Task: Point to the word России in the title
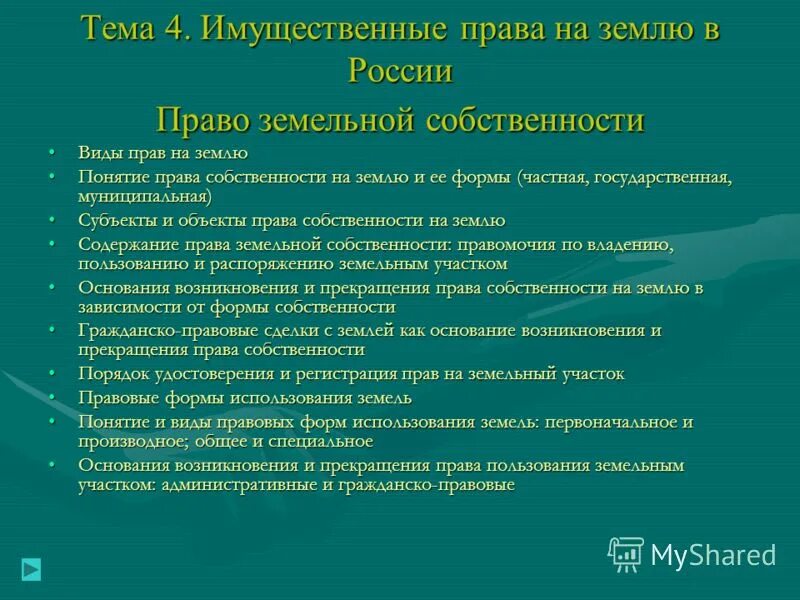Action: pyautogui.click(x=400, y=71)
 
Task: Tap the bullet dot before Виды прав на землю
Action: pyautogui.click(x=52, y=154)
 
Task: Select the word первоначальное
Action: pyautogui.click(x=619, y=422)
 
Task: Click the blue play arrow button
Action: pyautogui.click(x=32, y=569)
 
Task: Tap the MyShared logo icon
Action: pyautogui.click(x=626, y=553)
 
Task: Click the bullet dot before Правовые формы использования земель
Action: pyautogui.click(x=52, y=398)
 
